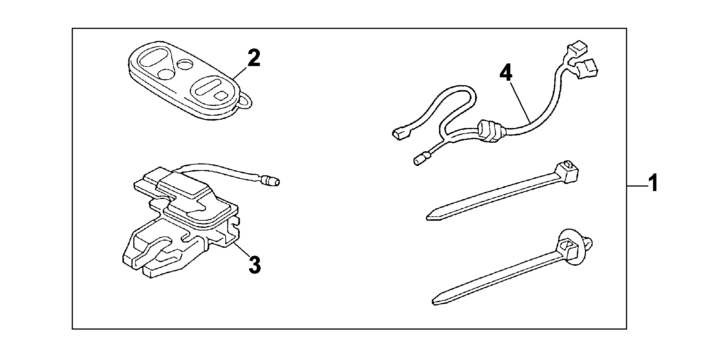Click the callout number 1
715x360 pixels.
653,183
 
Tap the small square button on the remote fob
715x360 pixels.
220,95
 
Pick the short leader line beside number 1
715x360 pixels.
636,185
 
